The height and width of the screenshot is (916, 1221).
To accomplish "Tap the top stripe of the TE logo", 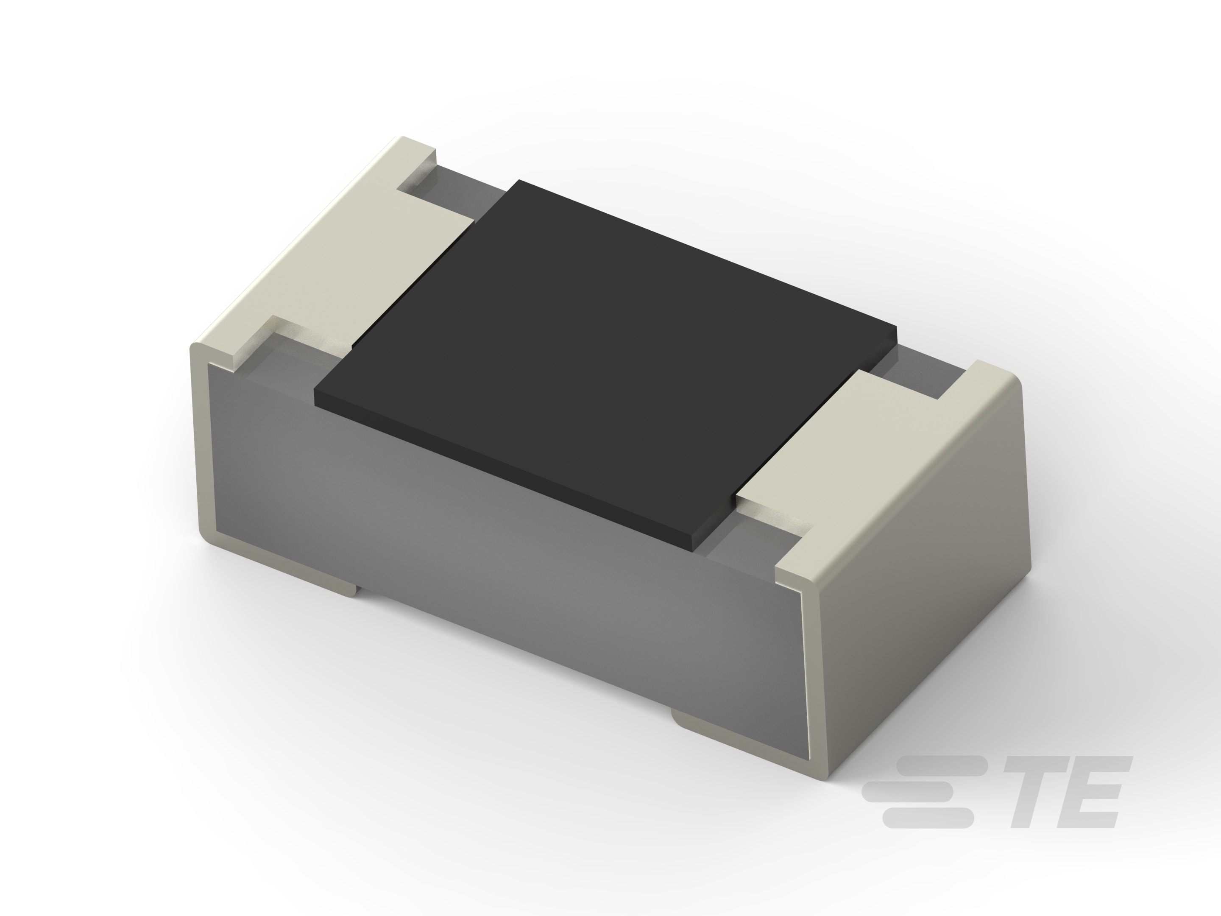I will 941,766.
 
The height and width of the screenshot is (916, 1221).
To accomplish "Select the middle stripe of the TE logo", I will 908,791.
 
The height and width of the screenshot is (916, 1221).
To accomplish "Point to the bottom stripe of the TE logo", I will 927,818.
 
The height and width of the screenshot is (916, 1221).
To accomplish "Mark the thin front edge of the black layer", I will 497,469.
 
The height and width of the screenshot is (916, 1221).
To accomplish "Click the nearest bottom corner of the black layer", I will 694,547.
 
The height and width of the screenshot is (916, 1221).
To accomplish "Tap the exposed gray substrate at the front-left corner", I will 287,375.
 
